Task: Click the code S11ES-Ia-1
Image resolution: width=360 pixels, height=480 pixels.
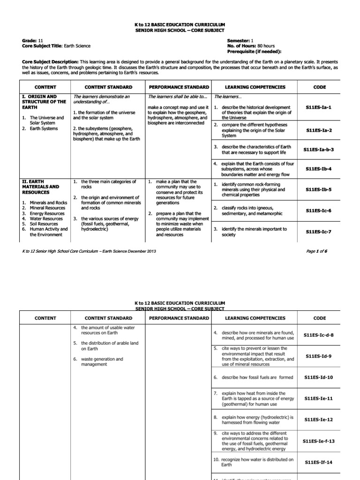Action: pos(319,107)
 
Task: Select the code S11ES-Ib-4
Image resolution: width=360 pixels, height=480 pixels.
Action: pos(319,168)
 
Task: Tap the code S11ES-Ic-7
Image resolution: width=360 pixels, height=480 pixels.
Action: pos(319,232)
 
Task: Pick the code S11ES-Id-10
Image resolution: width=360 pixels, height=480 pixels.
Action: pos(319,377)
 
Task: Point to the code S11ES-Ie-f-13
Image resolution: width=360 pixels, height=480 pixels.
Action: pos(319,441)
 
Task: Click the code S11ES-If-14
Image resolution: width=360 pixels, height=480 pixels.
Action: pos(319,462)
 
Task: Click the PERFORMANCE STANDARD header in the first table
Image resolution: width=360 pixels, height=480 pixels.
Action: pos(179,87)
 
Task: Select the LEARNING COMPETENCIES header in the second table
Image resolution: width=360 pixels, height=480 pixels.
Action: pos(255,318)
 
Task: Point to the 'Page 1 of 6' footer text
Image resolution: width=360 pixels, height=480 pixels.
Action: pos(316,251)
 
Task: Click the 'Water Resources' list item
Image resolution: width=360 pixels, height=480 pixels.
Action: pos(46,218)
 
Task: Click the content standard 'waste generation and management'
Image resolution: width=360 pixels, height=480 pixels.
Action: pos(102,362)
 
